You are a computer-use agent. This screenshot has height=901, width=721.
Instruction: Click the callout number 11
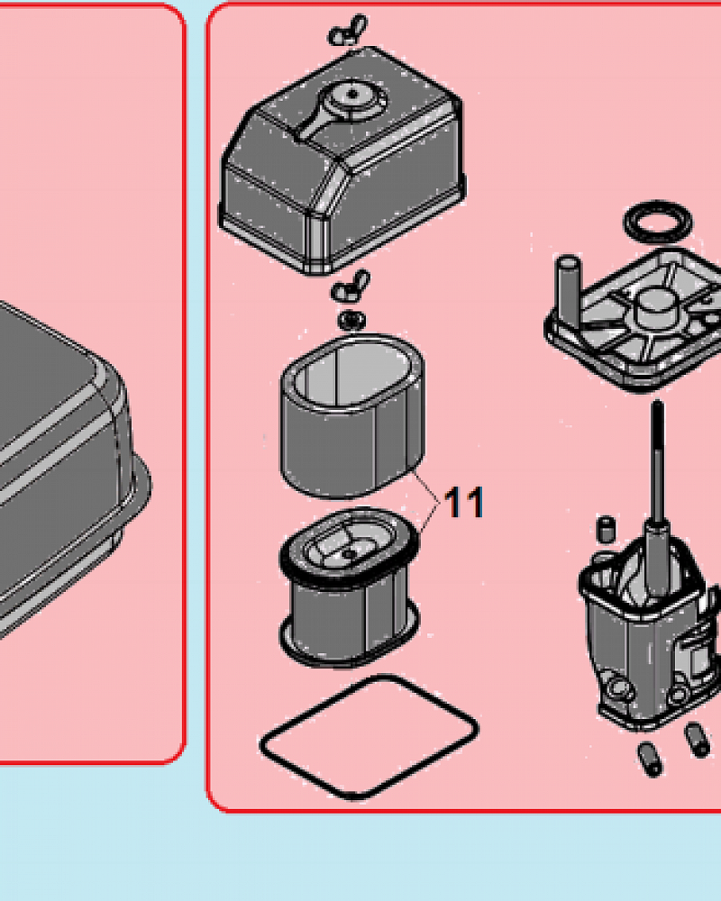coord(464,502)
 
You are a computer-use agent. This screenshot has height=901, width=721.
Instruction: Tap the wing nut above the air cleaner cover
coord(347,31)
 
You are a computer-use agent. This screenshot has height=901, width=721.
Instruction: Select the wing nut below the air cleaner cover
coord(351,286)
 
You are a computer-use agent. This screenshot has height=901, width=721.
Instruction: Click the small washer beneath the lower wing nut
coord(351,320)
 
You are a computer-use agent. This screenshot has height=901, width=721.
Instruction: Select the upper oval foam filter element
coord(353,415)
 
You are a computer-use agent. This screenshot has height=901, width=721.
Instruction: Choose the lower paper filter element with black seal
coord(350,587)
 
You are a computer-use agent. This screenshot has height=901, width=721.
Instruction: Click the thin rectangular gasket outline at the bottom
coord(369,737)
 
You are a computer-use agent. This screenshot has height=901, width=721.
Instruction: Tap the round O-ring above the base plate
coord(658,222)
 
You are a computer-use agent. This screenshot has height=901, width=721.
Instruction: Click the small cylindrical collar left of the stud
coord(606,529)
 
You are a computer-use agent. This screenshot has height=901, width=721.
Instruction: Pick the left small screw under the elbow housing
coord(651,760)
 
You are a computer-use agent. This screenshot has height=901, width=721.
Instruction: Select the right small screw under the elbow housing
coord(698,740)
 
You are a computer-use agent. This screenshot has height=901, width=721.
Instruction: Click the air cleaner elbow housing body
coord(650,633)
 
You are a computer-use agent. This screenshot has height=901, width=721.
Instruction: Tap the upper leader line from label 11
coord(426,487)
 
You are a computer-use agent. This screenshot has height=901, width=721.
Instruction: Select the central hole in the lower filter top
coord(348,554)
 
